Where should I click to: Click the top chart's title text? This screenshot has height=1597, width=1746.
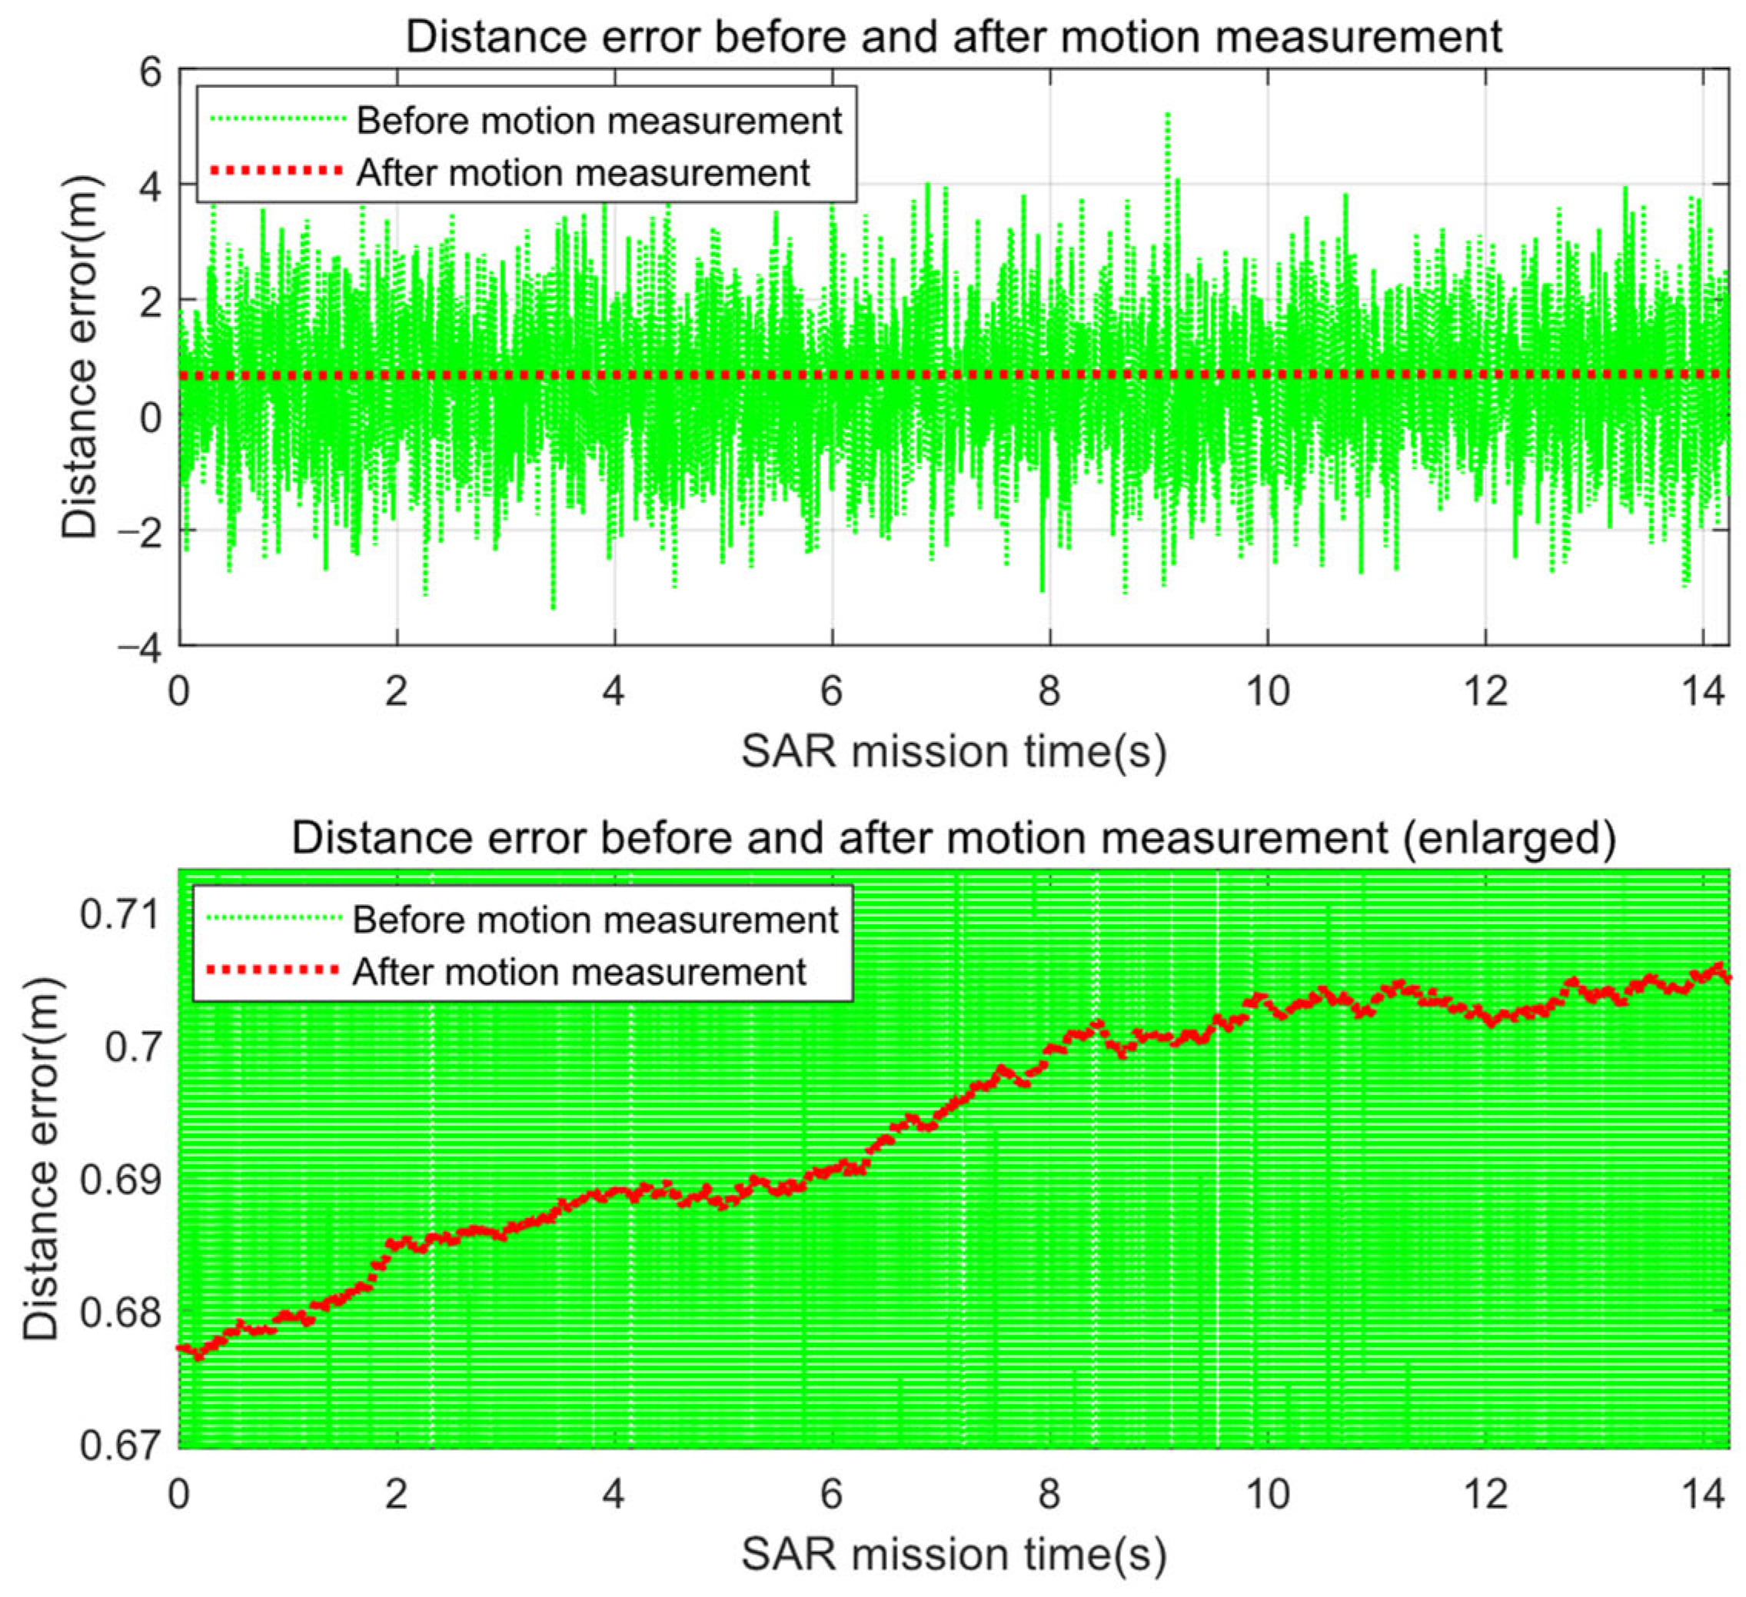953,37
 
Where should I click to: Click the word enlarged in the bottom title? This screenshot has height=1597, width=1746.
1508,838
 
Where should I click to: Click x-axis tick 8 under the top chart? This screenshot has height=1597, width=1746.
1049,692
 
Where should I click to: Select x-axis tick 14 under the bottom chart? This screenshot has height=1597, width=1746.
1704,1494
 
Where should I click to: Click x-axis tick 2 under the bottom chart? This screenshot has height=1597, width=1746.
396,1494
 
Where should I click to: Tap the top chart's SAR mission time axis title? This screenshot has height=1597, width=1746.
953,752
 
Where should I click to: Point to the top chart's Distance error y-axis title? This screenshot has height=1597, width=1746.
81,358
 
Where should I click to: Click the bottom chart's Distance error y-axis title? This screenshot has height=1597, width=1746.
42,1160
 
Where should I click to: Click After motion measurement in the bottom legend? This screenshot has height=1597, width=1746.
578,973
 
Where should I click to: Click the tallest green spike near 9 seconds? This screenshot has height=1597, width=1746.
1168,118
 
